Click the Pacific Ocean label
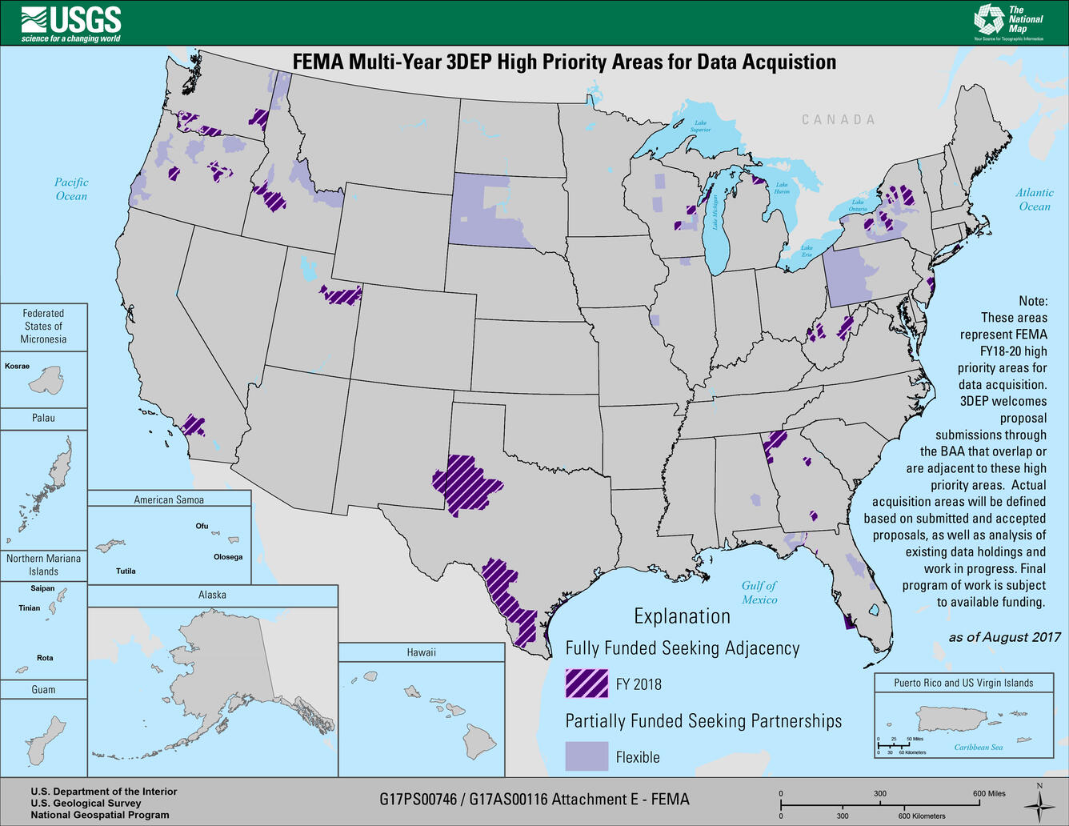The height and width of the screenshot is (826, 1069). pos(71,189)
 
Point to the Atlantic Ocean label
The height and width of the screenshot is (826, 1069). pos(1034,199)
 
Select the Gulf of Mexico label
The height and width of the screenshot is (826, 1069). pos(759,592)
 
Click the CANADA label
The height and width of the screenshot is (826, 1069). pos(839,119)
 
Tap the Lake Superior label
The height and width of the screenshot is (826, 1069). pos(700,126)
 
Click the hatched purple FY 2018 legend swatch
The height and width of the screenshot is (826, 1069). pos(587,684)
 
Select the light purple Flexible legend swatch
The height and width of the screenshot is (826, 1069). pos(587,756)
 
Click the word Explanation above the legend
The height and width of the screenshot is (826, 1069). pos(682,616)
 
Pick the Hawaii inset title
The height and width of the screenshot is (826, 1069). pos(421,652)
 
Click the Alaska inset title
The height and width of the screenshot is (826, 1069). pos(212,595)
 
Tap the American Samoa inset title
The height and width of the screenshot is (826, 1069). pos(169,499)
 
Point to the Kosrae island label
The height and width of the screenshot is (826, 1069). pos(17,367)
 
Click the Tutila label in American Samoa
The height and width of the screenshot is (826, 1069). pos(126,571)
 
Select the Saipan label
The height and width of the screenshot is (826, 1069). pos(42,588)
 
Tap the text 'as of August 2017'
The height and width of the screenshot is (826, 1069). pos(1004,637)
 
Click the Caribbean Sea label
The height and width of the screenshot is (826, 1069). pos(978,748)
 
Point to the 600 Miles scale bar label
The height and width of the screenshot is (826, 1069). pos(989,793)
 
